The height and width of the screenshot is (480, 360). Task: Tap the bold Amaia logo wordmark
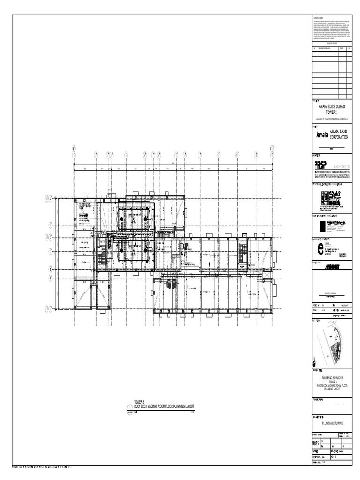click(x=322, y=135)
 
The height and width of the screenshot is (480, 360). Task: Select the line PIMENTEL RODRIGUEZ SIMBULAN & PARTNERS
click(x=331, y=172)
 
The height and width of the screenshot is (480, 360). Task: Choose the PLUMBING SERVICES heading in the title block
click(x=331, y=377)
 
